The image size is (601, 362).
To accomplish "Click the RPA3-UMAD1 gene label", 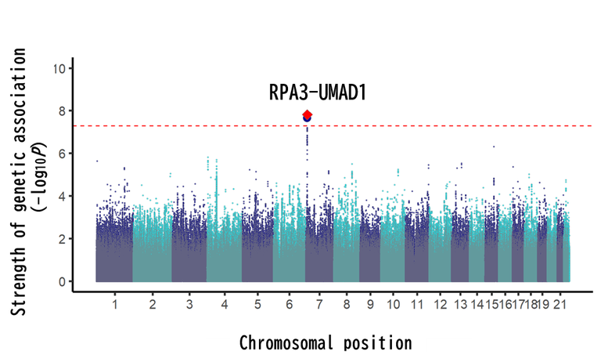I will pyautogui.click(x=318, y=92).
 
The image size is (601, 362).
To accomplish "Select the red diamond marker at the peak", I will pyautogui.click(x=308, y=114).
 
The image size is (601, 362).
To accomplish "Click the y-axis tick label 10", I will pyautogui.click(x=59, y=68).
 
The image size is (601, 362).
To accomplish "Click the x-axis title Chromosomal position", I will pyautogui.click(x=325, y=342).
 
